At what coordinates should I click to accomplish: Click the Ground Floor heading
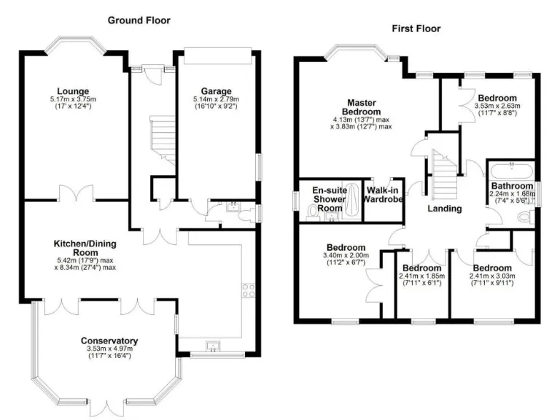139,20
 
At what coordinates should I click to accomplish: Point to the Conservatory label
109,341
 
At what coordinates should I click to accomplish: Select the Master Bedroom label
360,107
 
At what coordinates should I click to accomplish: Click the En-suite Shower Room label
322,198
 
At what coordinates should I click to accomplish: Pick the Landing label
444,209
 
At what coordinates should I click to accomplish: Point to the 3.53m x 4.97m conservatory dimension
109,350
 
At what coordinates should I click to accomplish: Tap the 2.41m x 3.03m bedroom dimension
493,276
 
